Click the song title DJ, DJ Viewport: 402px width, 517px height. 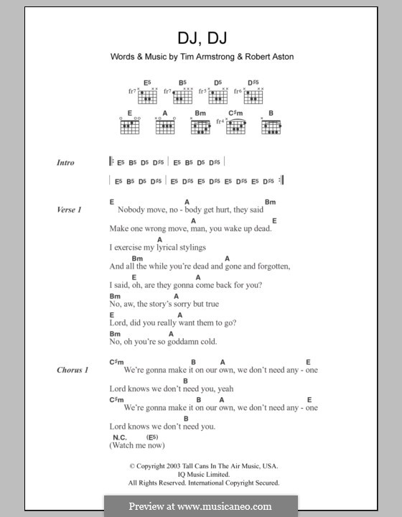(200, 37)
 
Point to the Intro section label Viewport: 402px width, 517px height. (65, 163)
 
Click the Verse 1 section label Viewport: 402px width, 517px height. (70, 210)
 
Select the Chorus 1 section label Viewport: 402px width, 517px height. (73, 370)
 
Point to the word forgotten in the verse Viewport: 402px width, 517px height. (267, 266)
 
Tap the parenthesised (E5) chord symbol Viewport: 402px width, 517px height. (152, 437)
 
